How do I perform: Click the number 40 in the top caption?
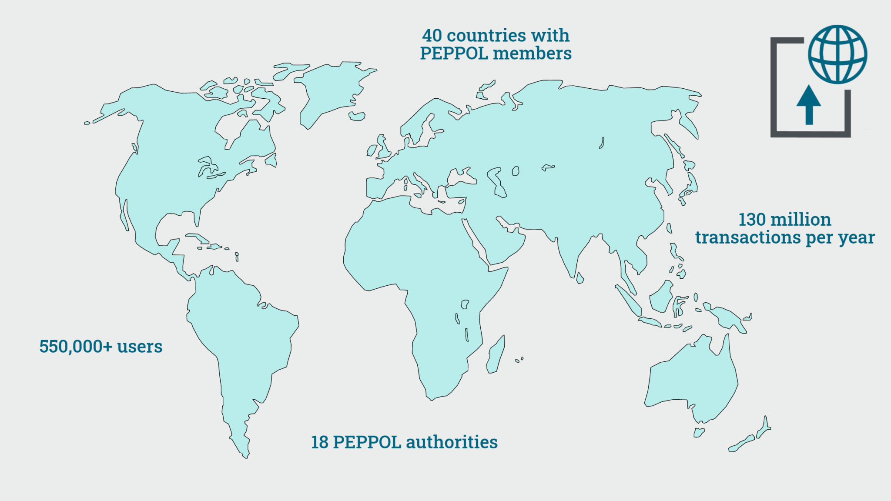[x=432, y=36]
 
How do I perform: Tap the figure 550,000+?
[x=76, y=347]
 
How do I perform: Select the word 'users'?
[x=140, y=347]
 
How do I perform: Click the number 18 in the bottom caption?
[x=319, y=442]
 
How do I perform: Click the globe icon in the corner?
[x=837, y=54]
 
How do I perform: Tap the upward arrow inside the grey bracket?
[x=809, y=105]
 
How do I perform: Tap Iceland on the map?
[x=357, y=116]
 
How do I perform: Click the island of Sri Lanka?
[x=580, y=278]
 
